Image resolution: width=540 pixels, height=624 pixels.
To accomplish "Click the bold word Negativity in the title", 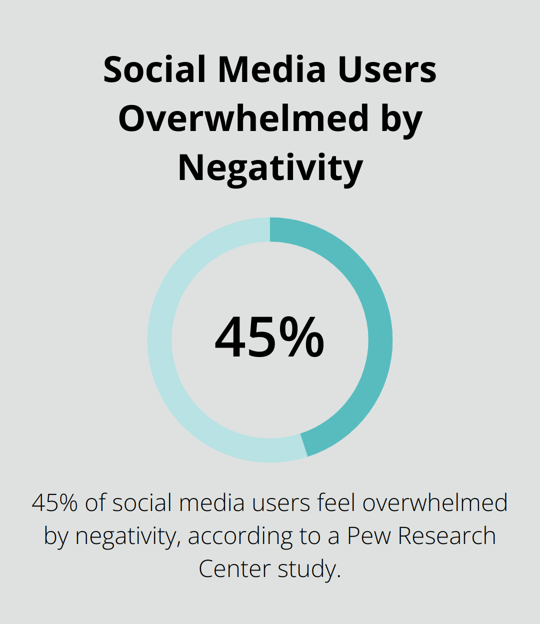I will tap(270, 168).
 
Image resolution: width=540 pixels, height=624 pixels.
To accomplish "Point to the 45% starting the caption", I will tap(54, 503).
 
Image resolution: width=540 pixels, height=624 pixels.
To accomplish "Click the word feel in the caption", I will tap(337, 503).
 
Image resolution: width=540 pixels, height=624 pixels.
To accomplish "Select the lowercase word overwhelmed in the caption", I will tap(435, 503).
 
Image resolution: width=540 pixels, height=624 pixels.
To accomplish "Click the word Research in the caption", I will tap(446, 536).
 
